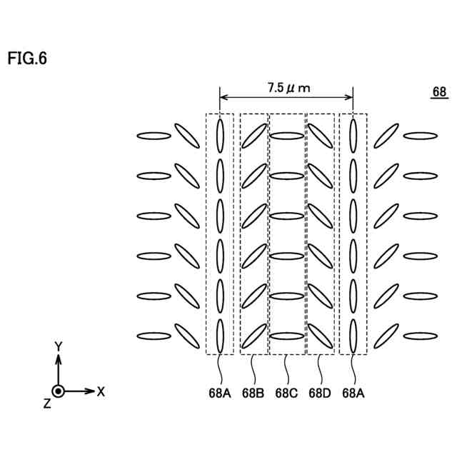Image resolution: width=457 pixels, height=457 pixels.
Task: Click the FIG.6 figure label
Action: (x=28, y=59)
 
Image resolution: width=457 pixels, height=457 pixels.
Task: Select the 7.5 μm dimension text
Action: (x=289, y=88)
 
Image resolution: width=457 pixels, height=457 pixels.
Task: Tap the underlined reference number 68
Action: (x=439, y=92)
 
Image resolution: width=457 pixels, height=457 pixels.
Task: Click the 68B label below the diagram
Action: (x=253, y=392)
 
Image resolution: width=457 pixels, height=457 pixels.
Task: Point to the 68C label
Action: (x=287, y=392)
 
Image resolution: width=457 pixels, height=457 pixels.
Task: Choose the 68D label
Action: (x=320, y=392)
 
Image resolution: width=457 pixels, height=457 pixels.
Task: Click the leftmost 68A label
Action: (x=220, y=392)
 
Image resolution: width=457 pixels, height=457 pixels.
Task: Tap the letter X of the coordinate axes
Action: (x=101, y=391)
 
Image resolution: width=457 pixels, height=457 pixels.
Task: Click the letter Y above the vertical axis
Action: (x=59, y=346)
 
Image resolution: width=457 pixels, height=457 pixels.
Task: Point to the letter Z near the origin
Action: (x=46, y=403)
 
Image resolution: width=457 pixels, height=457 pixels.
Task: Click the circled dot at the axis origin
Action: (x=59, y=391)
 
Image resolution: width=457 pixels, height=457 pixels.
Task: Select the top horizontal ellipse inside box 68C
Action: (x=287, y=135)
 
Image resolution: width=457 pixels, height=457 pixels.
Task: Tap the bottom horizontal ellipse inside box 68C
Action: (x=287, y=336)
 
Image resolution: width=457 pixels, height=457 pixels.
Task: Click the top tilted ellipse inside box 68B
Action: (x=253, y=136)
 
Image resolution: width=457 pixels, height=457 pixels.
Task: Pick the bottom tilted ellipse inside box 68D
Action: (x=320, y=336)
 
